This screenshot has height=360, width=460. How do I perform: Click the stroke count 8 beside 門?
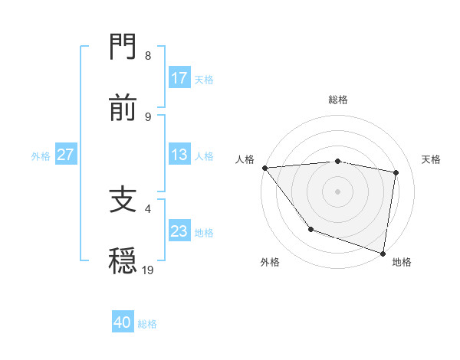(147, 56)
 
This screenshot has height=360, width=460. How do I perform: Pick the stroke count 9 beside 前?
(147, 117)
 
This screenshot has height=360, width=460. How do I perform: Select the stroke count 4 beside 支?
(147, 208)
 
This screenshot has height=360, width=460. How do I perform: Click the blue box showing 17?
(179, 78)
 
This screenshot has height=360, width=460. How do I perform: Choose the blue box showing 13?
(179, 155)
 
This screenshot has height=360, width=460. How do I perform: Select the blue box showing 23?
(179, 231)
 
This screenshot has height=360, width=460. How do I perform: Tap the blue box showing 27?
(66, 155)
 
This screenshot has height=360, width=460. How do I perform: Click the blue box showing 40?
(123, 322)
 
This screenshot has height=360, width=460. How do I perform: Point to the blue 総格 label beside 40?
(147, 324)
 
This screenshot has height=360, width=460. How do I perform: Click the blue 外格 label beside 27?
(41, 156)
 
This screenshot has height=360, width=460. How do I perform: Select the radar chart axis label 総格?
(337, 100)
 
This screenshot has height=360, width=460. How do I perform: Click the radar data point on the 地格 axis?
(383, 253)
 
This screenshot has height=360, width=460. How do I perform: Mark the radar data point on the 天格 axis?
(396, 172)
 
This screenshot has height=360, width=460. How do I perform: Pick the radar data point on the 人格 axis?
(264, 168)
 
